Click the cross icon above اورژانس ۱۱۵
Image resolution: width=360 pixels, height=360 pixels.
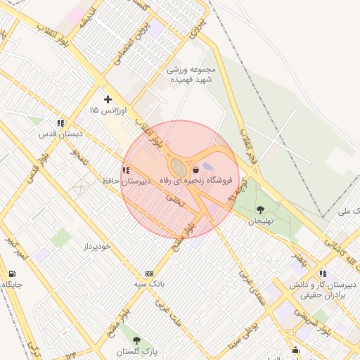pyautogui.click(x=108, y=99)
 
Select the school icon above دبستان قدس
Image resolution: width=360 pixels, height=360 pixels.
pyautogui.click(x=62, y=122)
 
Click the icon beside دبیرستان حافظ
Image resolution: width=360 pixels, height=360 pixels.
pyautogui.click(x=125, y=170)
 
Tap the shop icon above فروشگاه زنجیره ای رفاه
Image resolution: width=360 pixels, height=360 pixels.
pyautogui.click(x=195, y=169)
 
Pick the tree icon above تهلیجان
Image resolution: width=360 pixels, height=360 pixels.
pyautogui.click(x=261, y=209)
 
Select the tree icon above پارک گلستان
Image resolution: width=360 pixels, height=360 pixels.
pyautogui.click(x=136, y=340)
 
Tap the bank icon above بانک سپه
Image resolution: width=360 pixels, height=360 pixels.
pyautogui.click(x=148, y=274)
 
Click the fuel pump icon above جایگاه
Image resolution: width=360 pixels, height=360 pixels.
pyautogui.click(x=12, y=274)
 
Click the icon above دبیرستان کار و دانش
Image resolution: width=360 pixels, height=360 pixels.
pyautogui.click(x=322, y=274)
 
